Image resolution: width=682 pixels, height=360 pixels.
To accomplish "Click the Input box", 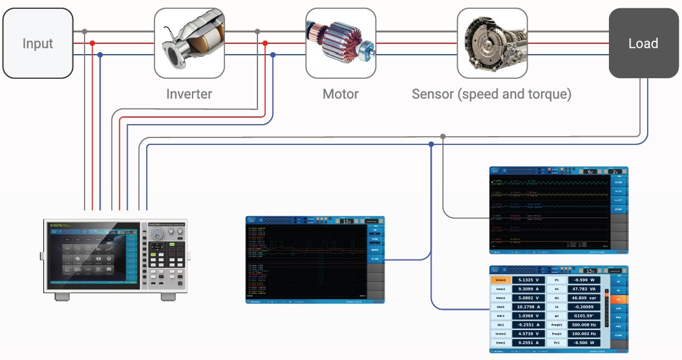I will click(x=38, y=43).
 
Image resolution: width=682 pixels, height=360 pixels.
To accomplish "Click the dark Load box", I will click(x=643, y=43).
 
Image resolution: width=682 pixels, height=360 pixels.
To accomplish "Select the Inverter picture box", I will click(x=189, y=43).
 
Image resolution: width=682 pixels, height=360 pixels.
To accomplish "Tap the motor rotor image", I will click(x=340, y=43).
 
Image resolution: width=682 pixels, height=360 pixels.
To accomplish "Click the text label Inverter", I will click(x=189, y=94).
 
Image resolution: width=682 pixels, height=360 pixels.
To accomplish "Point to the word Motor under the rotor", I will click(x=341, y=94).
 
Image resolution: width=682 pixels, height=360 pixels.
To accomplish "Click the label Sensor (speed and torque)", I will click(x=491, y=94).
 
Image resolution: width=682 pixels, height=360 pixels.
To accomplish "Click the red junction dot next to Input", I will click(x=92, y=43).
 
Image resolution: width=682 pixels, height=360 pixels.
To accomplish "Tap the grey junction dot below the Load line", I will click(x=443, y=136).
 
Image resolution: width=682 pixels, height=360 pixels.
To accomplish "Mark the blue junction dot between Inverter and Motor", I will click(x=273, y=55).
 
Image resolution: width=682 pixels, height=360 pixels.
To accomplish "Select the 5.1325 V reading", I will click(x=528, y=280).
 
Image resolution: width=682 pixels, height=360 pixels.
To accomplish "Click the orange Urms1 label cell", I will click(x=500, y=280).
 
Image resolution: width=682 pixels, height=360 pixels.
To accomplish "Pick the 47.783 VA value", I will click(x=584, y=289).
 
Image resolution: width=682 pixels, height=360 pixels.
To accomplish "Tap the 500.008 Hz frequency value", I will click(x=584, y=324).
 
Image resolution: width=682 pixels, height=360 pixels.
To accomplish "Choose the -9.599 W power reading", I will click(x=584, y=280).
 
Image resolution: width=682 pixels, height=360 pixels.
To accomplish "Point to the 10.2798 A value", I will click(x=528, y=307).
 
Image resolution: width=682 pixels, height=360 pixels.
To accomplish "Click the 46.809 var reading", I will click(x=584, y=298).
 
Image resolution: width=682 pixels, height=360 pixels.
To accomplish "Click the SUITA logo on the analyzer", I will click(x=55, y=224).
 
